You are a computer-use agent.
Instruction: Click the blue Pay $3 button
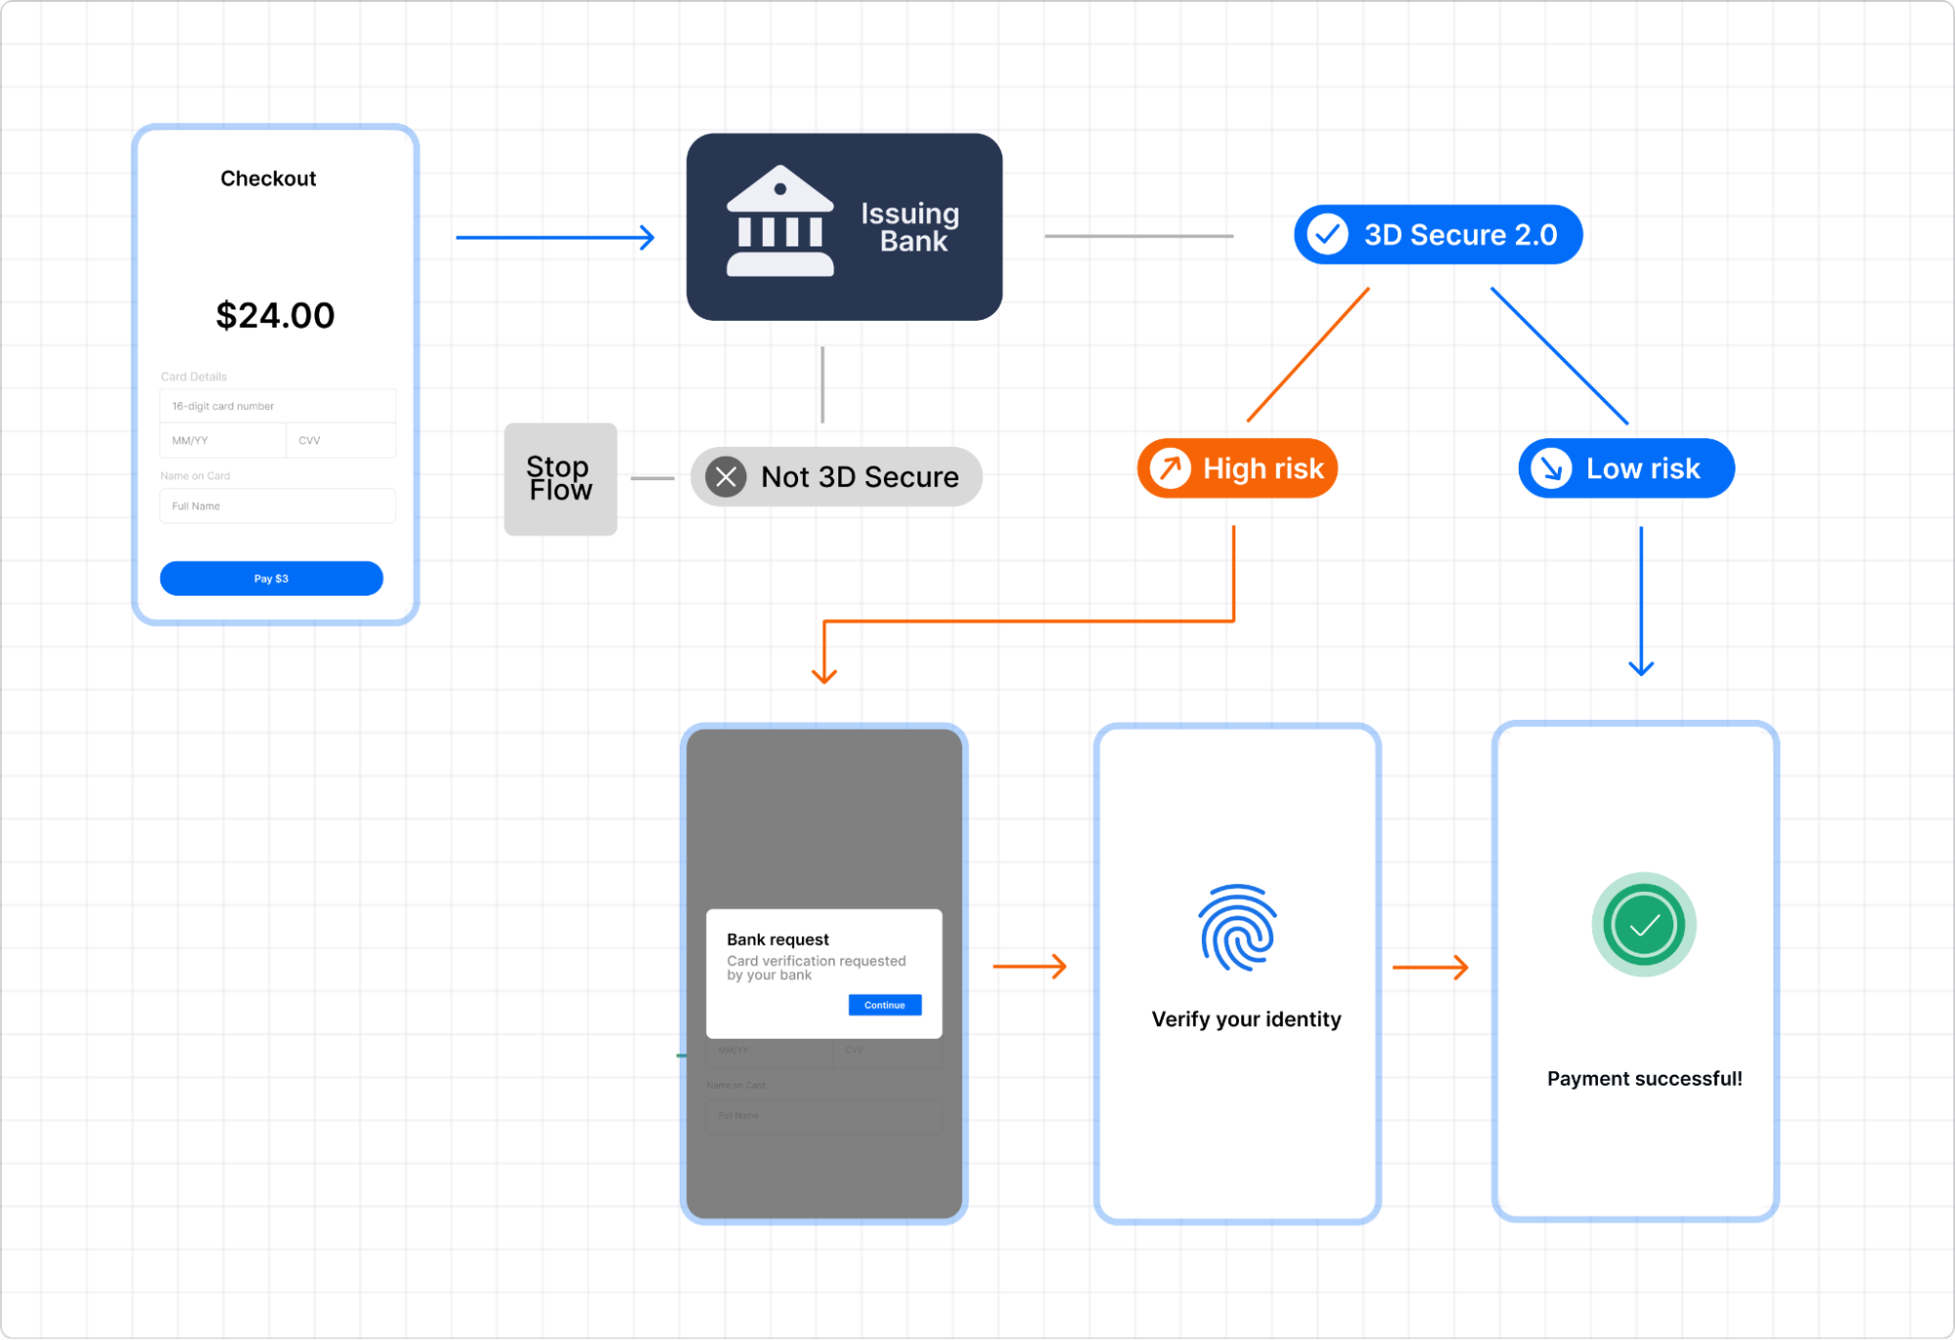click(x=271, y=578)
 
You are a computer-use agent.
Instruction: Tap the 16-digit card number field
click(x=277, y=406)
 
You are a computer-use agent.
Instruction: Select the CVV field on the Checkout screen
click(x=340, y=440)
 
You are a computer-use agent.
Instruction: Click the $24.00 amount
click(x=275, y=315)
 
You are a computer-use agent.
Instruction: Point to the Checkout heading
click(x=268, y=178)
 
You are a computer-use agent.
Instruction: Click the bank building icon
click(x=779, y=222)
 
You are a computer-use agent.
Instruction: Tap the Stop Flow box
click(x=560, y=478)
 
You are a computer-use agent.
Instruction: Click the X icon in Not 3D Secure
click(x=726, y=476)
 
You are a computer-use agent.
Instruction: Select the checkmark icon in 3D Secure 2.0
click(x=1327, y=235)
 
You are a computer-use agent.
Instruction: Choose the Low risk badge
click(x=1625, y=469)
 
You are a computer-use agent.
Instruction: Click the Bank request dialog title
click(x=778, y=939)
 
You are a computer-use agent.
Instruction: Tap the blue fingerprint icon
click(x=1237, y=928)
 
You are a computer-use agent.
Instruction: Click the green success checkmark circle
click(x=1643, y=924)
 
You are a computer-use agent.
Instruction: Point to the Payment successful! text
click(x=1644, y=1078)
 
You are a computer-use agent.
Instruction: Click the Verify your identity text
click(x=1246, y=1019)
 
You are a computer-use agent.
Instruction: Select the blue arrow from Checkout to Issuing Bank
click(x=555, y=237)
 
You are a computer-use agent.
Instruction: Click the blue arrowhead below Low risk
click(x=1641, y=667)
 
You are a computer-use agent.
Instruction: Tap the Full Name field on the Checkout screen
click(x=277, y=506)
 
